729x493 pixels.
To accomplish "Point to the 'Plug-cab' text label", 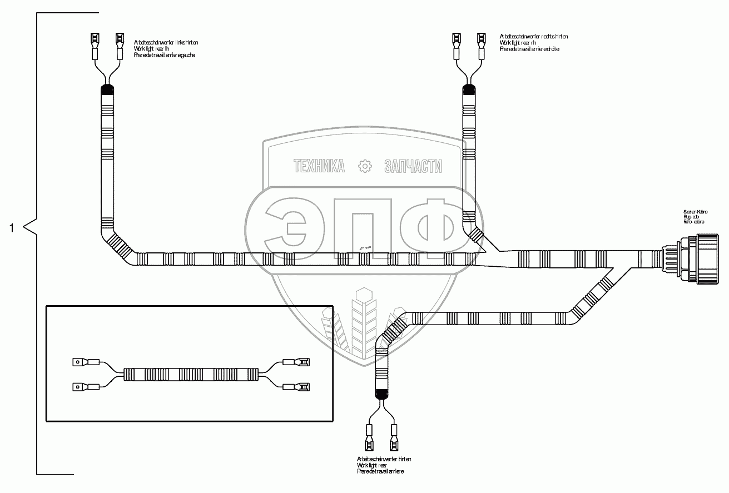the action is point(691,217).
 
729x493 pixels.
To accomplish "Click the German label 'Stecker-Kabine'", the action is point(695,212).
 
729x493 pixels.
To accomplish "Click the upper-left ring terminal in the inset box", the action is point(78,362).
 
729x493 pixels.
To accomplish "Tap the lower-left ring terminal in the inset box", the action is point(78,386).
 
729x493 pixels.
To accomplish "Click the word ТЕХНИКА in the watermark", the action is point(319,166).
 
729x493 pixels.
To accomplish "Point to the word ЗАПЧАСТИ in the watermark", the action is point(413,166).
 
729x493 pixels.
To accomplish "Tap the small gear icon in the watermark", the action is point(365,166).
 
